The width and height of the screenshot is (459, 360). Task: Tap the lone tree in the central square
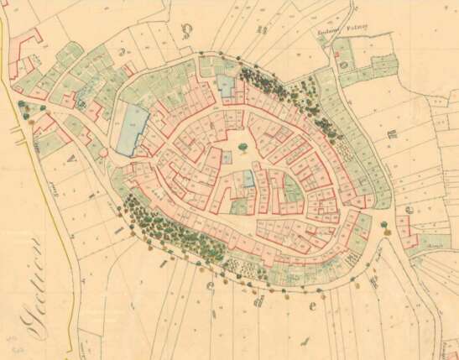coord(243,148)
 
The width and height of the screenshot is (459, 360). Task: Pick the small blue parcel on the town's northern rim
coord(225,83)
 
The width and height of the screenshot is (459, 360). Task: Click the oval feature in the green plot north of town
coord(345,62)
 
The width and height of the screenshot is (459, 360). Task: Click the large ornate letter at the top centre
coord(186,32)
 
